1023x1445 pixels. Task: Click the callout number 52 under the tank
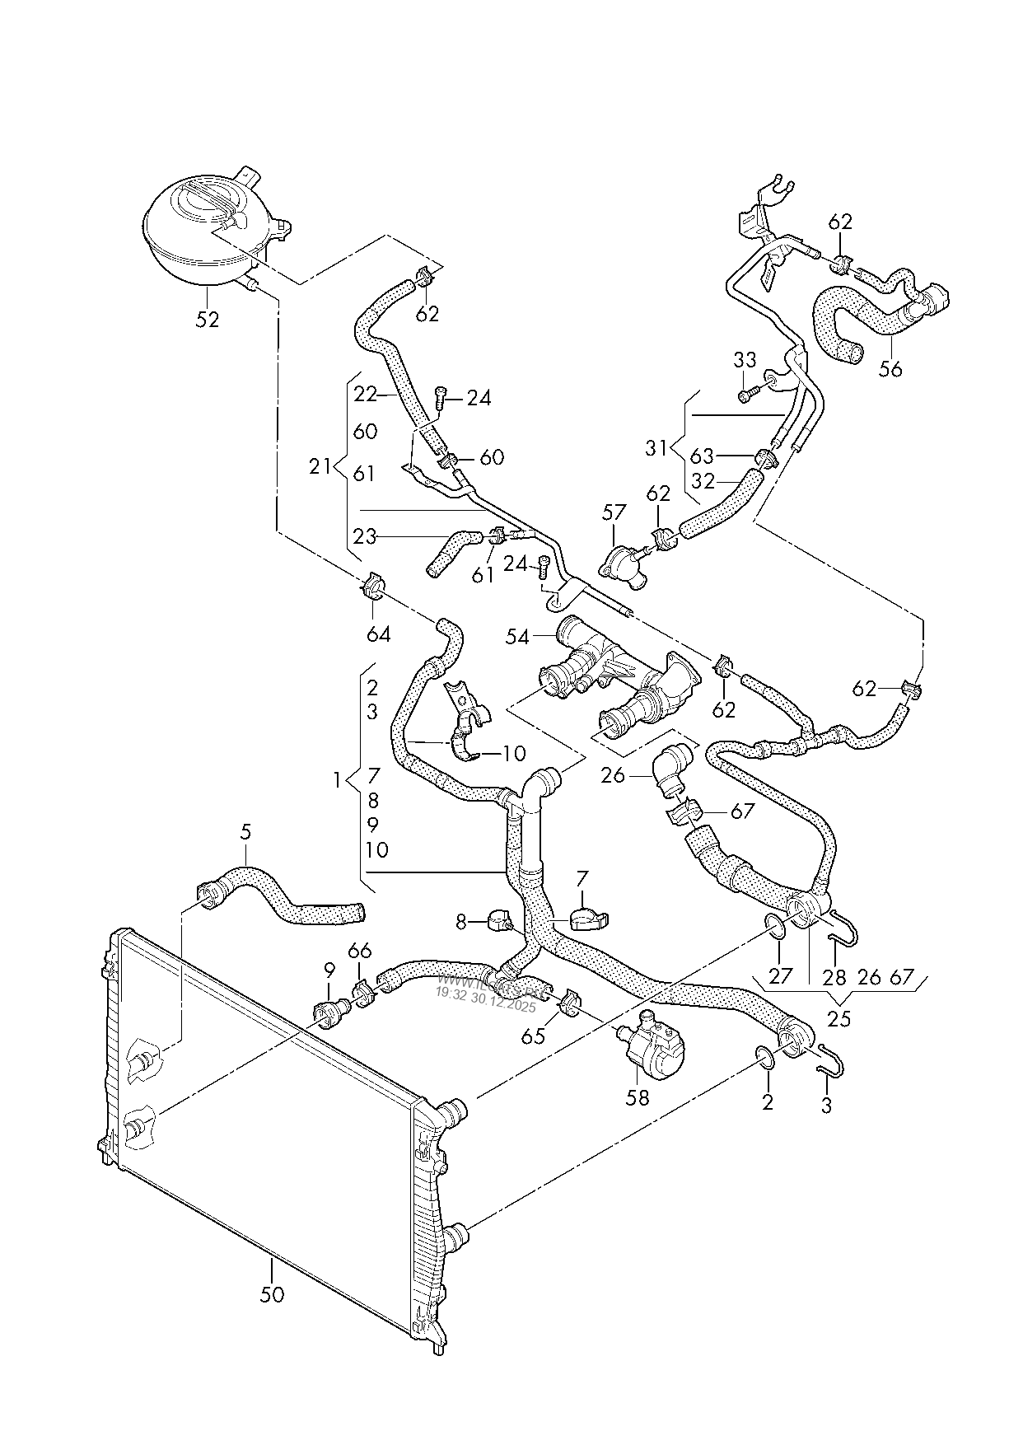(x=208, y=319)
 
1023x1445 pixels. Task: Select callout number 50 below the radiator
(x=272, y=1294)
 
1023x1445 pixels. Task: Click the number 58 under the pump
(x=638, y=1097)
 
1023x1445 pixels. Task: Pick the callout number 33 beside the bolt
(x=744, y=360)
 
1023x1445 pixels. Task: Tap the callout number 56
(x=890, y=369)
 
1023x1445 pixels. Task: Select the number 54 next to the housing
(x=517, y=637)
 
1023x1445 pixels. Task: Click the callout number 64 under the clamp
(x=377, y=634)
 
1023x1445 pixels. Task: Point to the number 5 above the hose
(x=245, y=833)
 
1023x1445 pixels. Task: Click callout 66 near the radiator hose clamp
(x=359, y=951)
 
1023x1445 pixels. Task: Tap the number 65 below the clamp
(x=533, y=1036)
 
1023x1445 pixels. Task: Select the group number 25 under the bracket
(x=838, y=1019)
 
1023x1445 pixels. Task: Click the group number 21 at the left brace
(x=320, y=467)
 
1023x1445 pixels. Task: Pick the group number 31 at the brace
(x=656, y=449)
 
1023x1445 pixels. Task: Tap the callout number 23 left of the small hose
(x=364, y=537)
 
